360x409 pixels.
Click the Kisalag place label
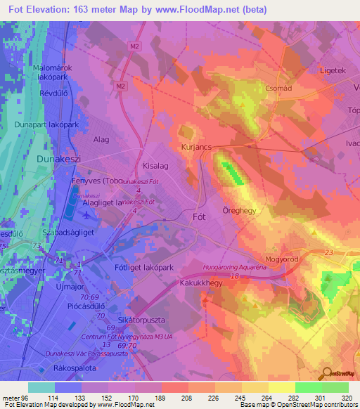[157, 166]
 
